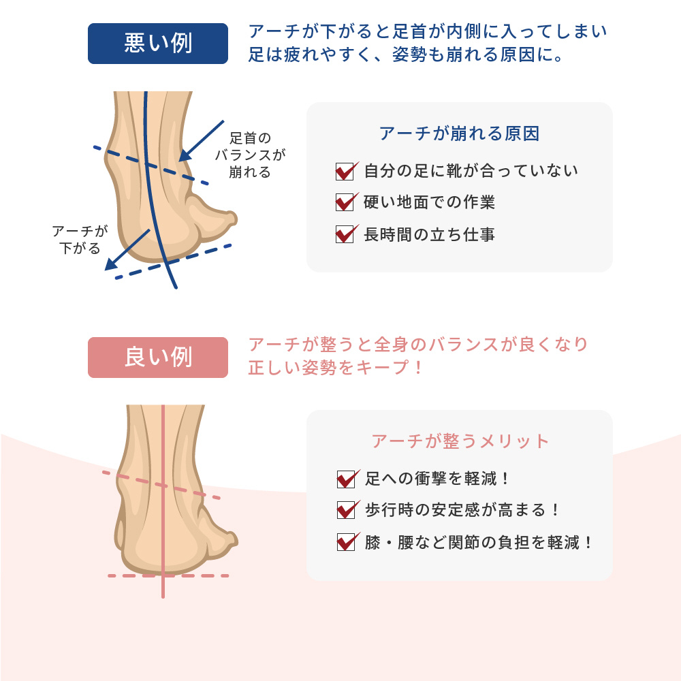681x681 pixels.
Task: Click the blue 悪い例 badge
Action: [x=158, y=44]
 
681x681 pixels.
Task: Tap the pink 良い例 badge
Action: [x=158, y=358]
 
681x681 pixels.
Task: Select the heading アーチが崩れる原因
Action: [x=459, y=133]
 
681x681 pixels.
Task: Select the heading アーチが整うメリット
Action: [x=460, y=441]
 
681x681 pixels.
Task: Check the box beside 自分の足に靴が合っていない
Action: [x=345, y=171]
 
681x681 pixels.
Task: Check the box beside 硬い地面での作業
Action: [x=345, y=202]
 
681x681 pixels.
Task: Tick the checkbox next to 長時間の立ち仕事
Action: [x=345, y=234]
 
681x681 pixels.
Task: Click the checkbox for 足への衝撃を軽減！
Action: [x=347, y=479]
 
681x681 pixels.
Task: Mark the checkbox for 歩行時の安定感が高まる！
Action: [x=347, y=510]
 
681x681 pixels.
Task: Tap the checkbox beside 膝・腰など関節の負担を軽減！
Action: [x=347, y=542]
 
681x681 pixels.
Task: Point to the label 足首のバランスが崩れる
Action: [x=250, y=155]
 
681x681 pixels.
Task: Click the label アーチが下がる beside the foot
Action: [x=80, y=240]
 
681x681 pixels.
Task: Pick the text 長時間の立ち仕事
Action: [x=429, y=235]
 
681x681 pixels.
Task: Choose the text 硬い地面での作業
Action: [x=429, y=202]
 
